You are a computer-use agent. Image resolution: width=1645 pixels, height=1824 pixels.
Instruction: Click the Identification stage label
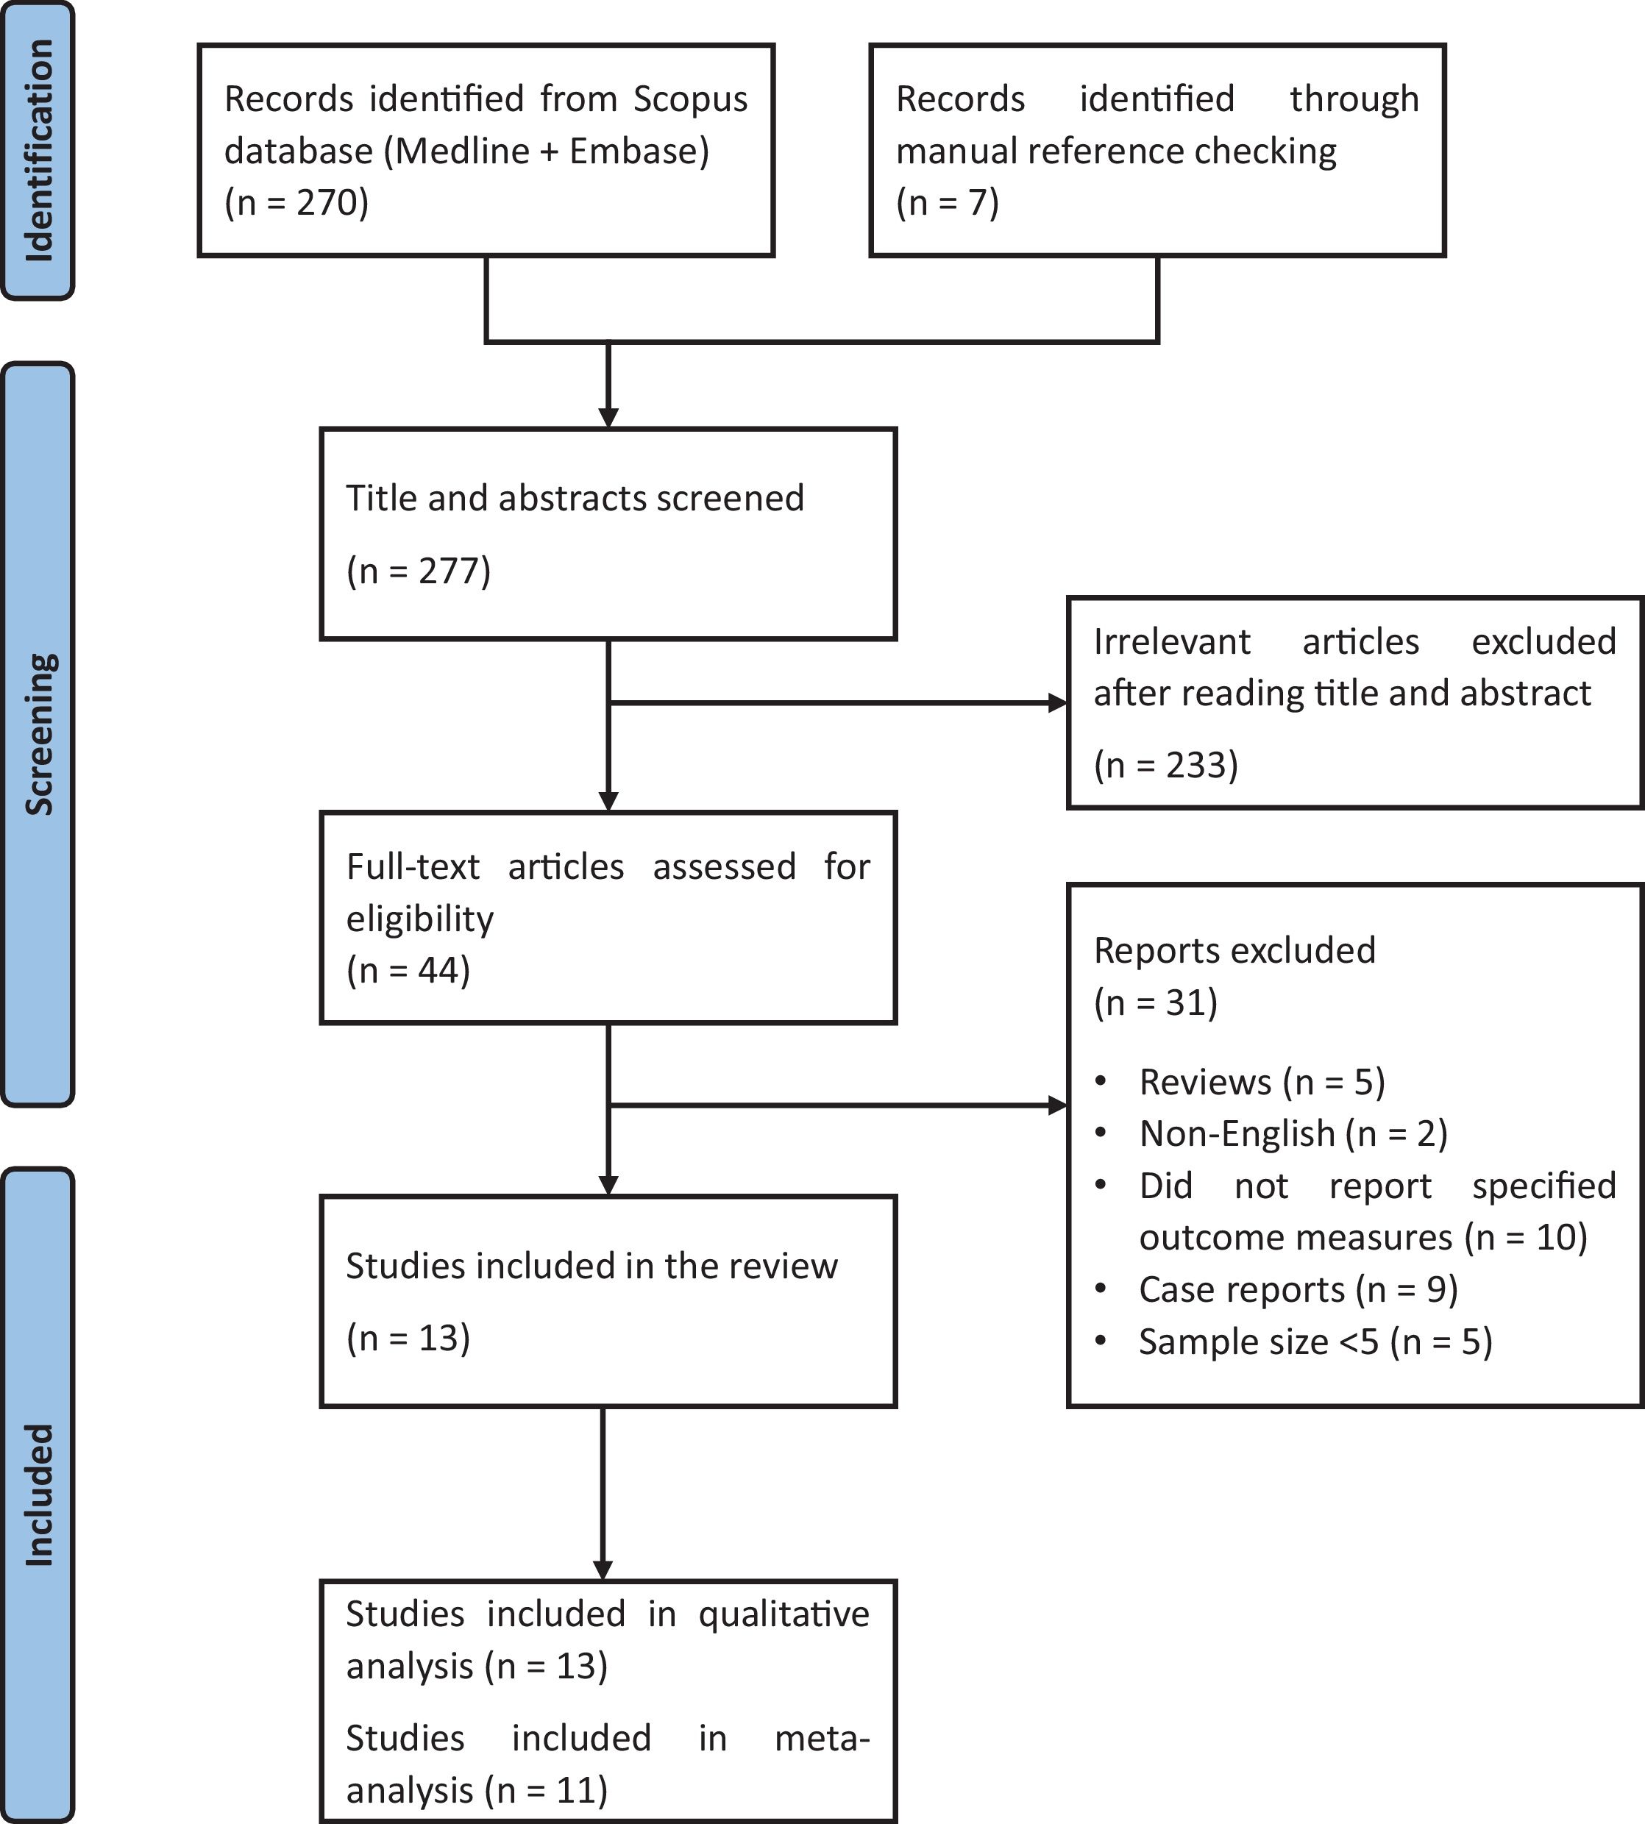click(38, 151)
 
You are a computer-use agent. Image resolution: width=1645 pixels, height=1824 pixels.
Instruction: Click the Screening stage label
click(38, 733)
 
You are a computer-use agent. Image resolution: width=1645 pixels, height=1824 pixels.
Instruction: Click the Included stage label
click(38, 1495)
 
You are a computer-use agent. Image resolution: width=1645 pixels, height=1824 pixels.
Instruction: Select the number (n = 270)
click(296, 202)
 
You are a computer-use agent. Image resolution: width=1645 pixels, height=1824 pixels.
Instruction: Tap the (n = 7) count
click(948, 202)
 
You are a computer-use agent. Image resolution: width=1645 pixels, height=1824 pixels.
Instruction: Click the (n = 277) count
click(419, 571)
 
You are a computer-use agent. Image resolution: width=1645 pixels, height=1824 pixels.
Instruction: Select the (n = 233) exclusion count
click(1165, 765)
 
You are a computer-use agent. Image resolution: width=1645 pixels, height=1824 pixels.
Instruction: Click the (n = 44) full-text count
click(408, 970)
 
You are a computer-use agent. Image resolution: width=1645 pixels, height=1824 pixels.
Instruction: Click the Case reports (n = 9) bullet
click(1298, 1290)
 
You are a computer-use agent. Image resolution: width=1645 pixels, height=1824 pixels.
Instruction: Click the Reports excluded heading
click(1234, 950)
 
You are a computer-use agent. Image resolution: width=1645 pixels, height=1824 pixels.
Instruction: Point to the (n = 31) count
click(1155, 1002)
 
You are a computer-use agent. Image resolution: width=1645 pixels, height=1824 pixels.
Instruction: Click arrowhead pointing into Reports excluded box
click(1056, 1105)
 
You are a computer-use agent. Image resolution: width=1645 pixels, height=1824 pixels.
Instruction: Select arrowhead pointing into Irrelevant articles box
click(1056, 703)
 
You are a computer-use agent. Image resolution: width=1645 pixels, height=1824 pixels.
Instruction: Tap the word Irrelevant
click(1171, 641)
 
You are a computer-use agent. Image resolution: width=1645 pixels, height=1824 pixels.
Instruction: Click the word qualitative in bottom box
click(783, 1614)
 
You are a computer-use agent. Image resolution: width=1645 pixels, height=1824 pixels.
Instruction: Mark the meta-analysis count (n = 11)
click(546, 1789)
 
